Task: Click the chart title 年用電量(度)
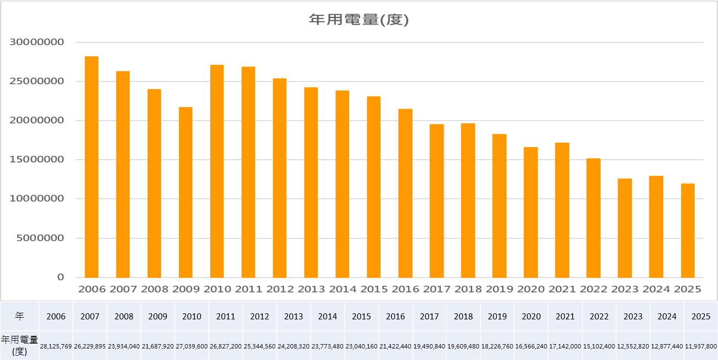pyautogui.click(x=358, y=20)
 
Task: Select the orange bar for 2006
pyautogui.click(x=92, y=167)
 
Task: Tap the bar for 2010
pyautogui.click(x=217, y=171)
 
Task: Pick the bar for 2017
pyautogui.click(x=436, y=201)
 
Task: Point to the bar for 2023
pyautogui.click(x=625, y=228)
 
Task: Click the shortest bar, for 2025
pyautogui.click(x=688, y=230)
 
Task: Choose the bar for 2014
pyautogui.click(x=343, y=184)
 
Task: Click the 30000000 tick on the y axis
pyautogui.click(x=37, y=42)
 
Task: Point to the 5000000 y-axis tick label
pyautogui.click(x=40, y=238)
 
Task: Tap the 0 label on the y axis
pyautogui.click(x=60, y=277)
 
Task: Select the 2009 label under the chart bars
pyautogui.click(x=186, y=289)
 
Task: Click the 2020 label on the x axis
pyautogui.click(x=531, y=289)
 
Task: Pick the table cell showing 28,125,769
pyautogui.click(x=56, y=346)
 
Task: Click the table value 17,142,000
pyautogui.click(x=565, y=346)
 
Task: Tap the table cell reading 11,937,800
pyautogui.click(x=701, y=346)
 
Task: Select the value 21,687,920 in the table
pyautogui.click(x=158, y=346)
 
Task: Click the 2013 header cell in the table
pyautogui.click(x=294, y=317)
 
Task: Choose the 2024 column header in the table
pyautogui.click(x=667, y=317)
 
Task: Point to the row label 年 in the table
pyautogui.click(x=20, y=317)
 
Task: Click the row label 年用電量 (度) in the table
pyautogui.click(x=20, y=345)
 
